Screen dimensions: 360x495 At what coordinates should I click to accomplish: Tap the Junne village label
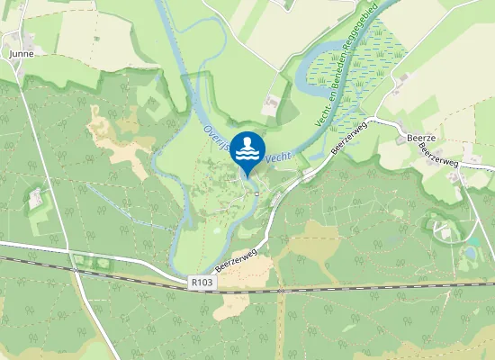[x=21, y=54]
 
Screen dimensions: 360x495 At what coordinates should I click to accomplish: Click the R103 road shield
[x=202, y=282]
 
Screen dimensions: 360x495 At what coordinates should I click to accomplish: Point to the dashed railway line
[x=360, y=290]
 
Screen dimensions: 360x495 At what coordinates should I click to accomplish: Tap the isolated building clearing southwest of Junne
[x=36, y=199]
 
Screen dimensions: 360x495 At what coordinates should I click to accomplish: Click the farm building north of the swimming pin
[x=270, y=106]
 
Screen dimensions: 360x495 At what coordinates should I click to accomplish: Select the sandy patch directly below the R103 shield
[x=231, y=304]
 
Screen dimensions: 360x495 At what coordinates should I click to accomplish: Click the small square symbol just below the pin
[x=256, y=192]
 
